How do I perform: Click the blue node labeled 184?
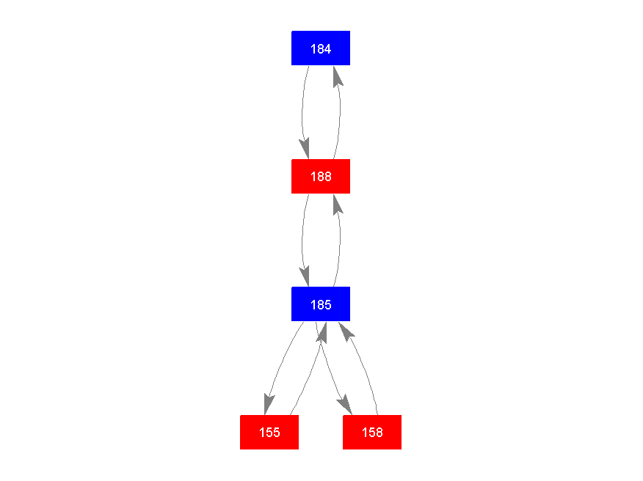pos(321,48)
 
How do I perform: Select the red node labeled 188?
pos(321,176)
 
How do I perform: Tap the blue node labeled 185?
pos(321,304)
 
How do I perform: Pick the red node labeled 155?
pos(269,433)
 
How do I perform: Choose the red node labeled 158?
pos(372,433)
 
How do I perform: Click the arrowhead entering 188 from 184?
pos(305,149)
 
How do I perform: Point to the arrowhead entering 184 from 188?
pos(337,76)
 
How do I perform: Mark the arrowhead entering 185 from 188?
pos(305,277)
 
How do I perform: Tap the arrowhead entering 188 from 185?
pos(337,205)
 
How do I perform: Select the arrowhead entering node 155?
pos(269,405)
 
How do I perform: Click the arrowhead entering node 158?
pos(345,405)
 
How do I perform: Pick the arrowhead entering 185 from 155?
pos(322,333)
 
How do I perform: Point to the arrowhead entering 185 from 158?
pos(346,332)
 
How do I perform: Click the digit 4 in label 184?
pos(327,49)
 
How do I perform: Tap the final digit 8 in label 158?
pos(379,433)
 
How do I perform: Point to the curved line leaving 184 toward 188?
pos(302,111)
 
